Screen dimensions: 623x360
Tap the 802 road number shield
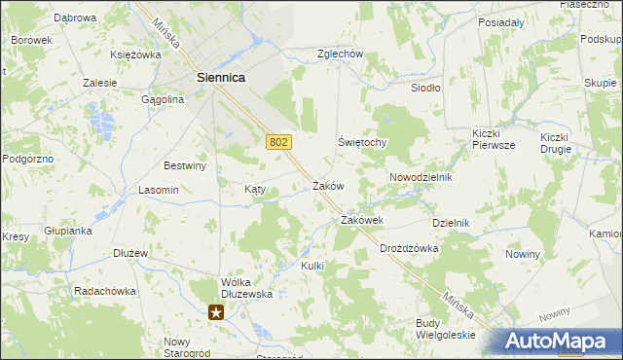pos(277,142)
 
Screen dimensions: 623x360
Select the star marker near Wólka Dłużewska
pos(216,312)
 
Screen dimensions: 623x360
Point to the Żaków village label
pos(328,185)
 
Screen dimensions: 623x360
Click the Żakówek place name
pos(361,221)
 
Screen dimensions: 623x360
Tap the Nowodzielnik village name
pos(421,178)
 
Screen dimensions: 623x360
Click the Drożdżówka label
pos(409,248)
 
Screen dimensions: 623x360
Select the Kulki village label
pos(311,266)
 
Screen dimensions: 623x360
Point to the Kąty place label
pos(255,190)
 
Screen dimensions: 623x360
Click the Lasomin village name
pos(159,190)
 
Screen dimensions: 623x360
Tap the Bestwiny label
pos(186,165)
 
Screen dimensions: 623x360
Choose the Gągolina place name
pos(163,99)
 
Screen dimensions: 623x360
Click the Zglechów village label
pos(340,54)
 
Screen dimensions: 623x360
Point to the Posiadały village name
pos(502,21)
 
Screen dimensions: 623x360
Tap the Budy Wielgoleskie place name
pos(445,329)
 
